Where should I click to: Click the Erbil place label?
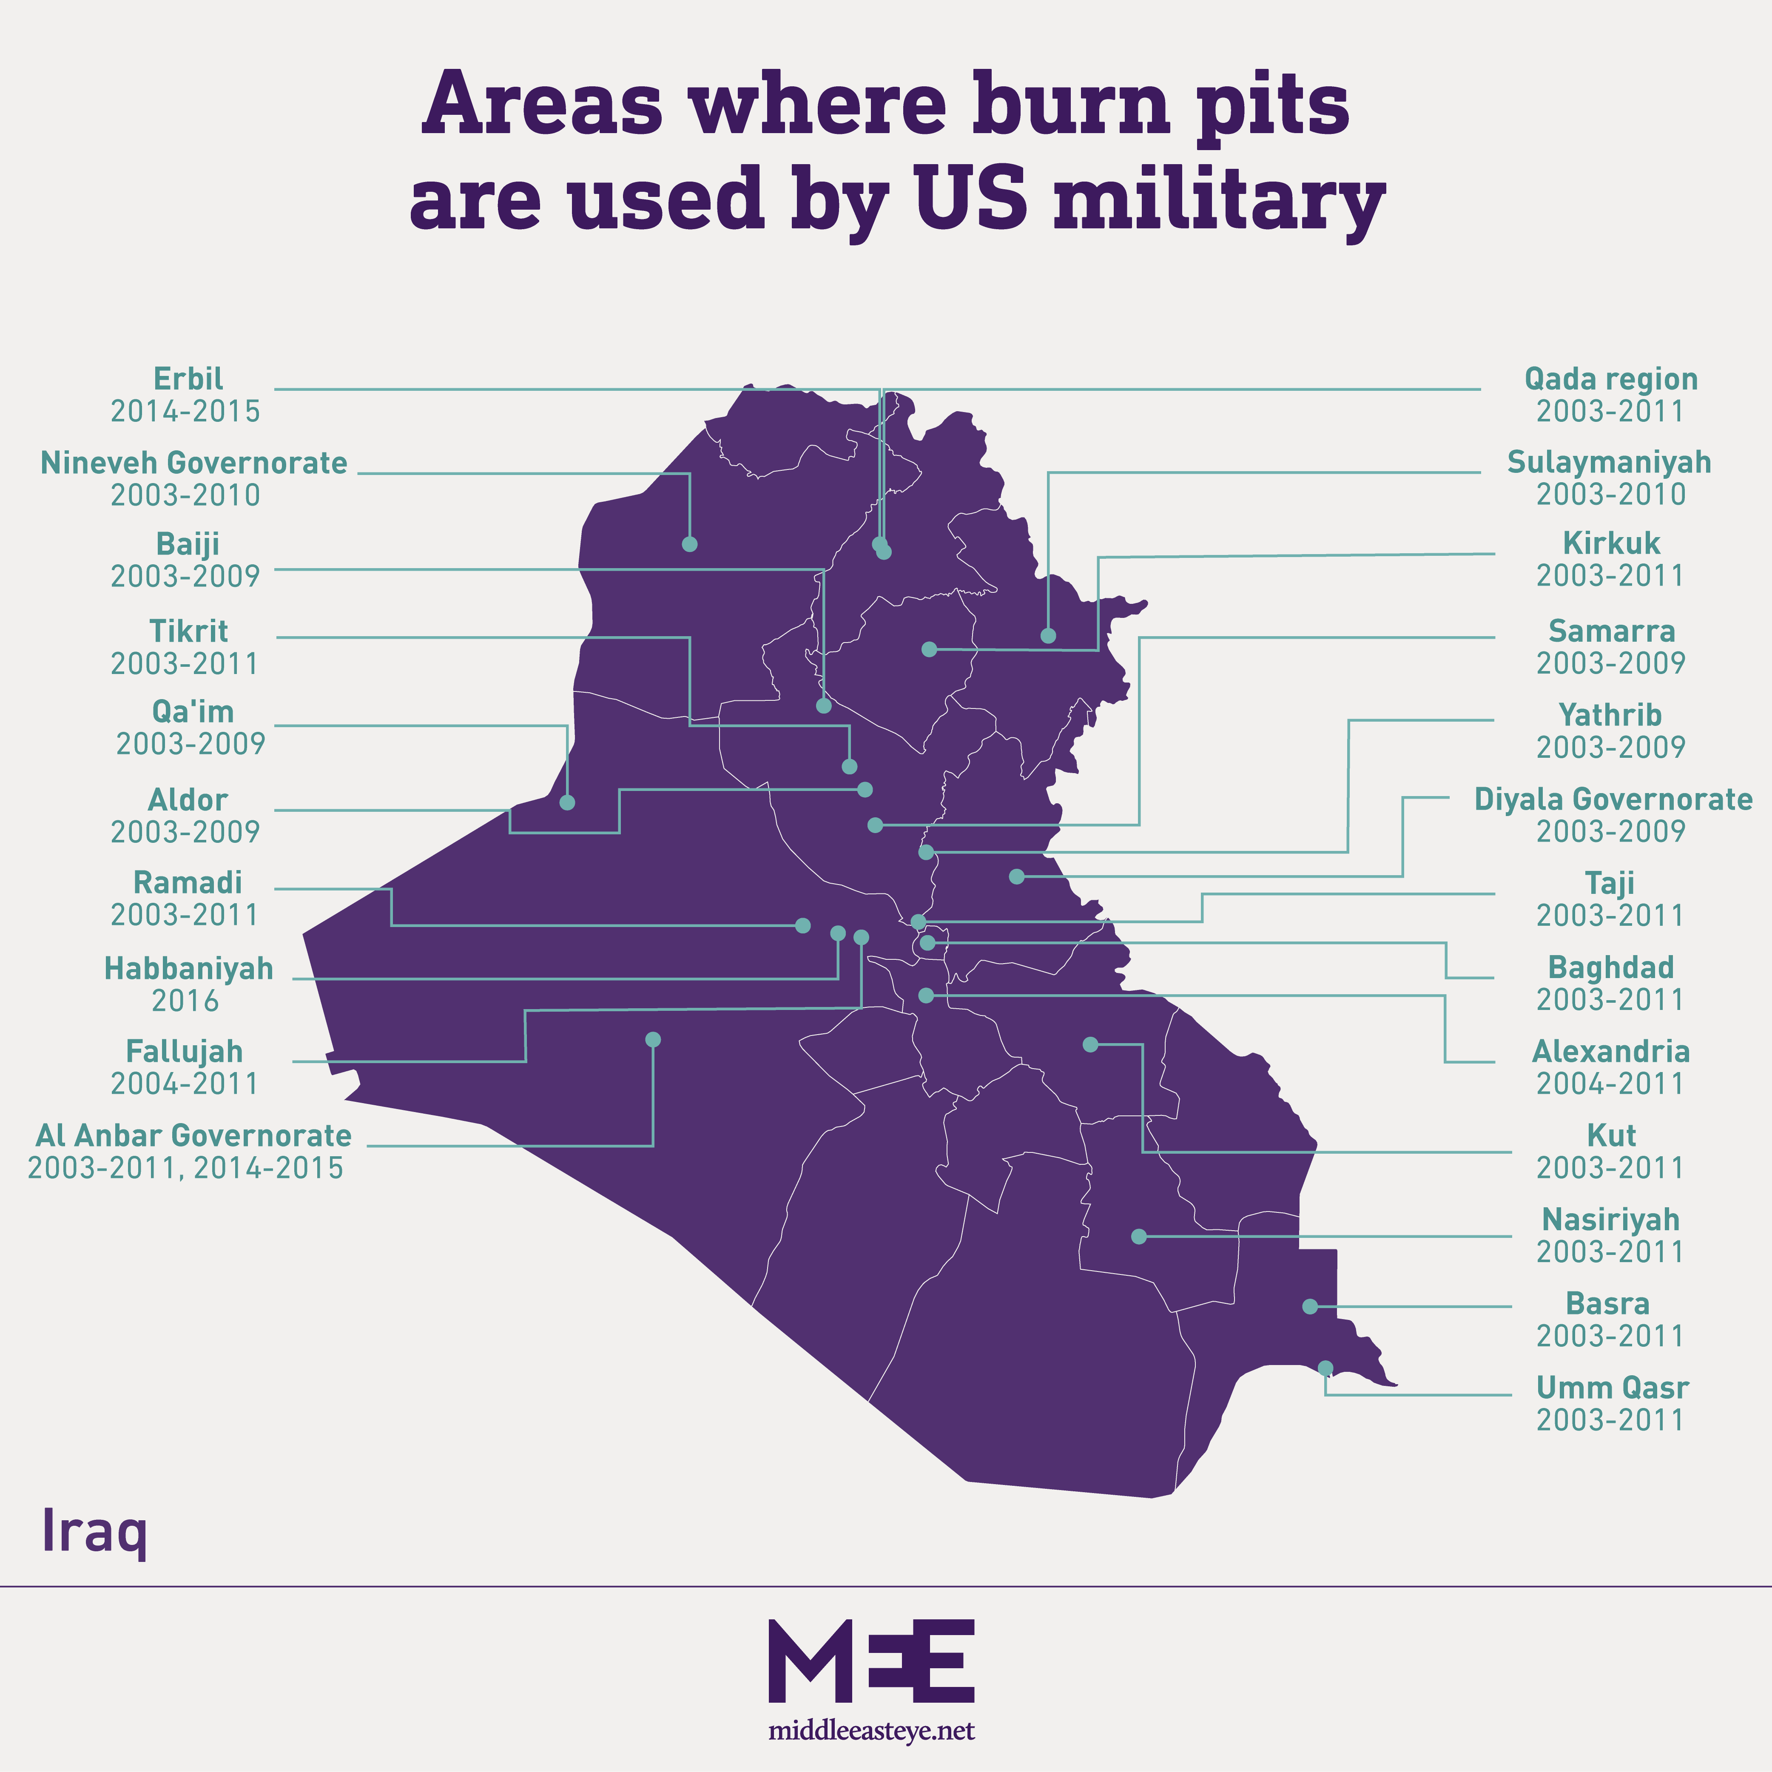(x=188, y=379)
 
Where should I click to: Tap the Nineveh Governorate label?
(x=193, y=463)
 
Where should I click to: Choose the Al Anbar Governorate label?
(x=193, y=1135)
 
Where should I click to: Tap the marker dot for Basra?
(x=1310, y=1306)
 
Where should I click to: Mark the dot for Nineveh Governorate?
(x=690, y=544)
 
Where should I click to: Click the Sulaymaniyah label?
(x=1610, y=462)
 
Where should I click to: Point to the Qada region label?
(x=1610, y=379)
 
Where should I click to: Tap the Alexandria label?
(x=1610, y=1051)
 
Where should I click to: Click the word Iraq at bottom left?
(x=94, y=1531)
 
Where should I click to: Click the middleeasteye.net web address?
(x=871, y=1731)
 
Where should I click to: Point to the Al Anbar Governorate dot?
(x=653, y=1039)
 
